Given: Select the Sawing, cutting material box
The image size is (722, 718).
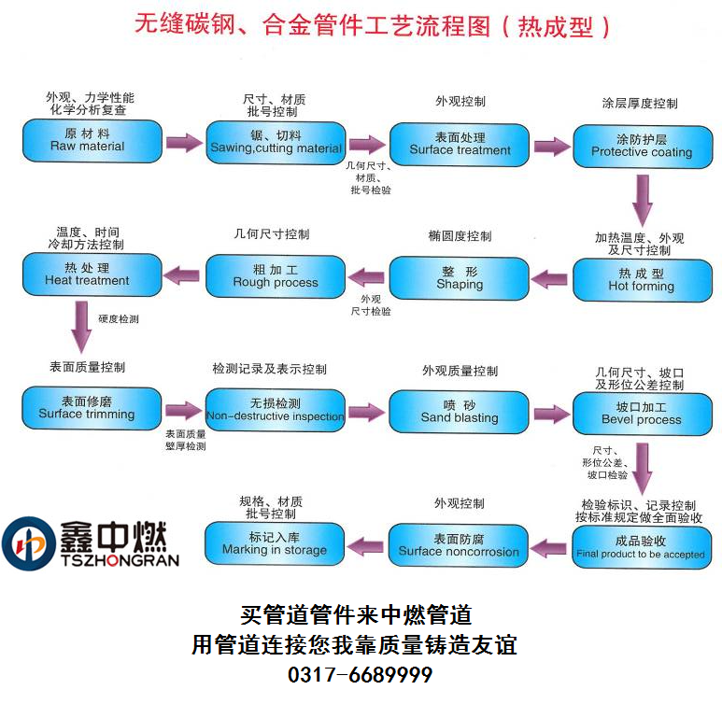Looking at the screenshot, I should (276, 143).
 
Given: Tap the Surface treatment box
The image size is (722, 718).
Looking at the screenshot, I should (460, 144).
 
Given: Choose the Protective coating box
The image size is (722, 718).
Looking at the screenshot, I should (642, 146).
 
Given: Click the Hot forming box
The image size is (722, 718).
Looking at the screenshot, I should (641, 280).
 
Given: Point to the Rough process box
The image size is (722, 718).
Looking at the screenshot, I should (276, 276).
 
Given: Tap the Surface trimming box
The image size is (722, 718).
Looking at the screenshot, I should (87, 408).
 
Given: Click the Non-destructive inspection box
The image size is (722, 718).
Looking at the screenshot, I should (276, 410).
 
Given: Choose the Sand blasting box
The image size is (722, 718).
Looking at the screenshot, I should (460, 412).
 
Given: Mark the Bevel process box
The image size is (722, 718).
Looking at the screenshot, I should (642, 414).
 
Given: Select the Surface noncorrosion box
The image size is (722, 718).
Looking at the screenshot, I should (459, 545).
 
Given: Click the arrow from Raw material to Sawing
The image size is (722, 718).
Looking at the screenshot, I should (184, 143).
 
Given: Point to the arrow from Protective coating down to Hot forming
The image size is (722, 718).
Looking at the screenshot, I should (643, 199).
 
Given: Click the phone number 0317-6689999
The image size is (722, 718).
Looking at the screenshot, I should (360, 675).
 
